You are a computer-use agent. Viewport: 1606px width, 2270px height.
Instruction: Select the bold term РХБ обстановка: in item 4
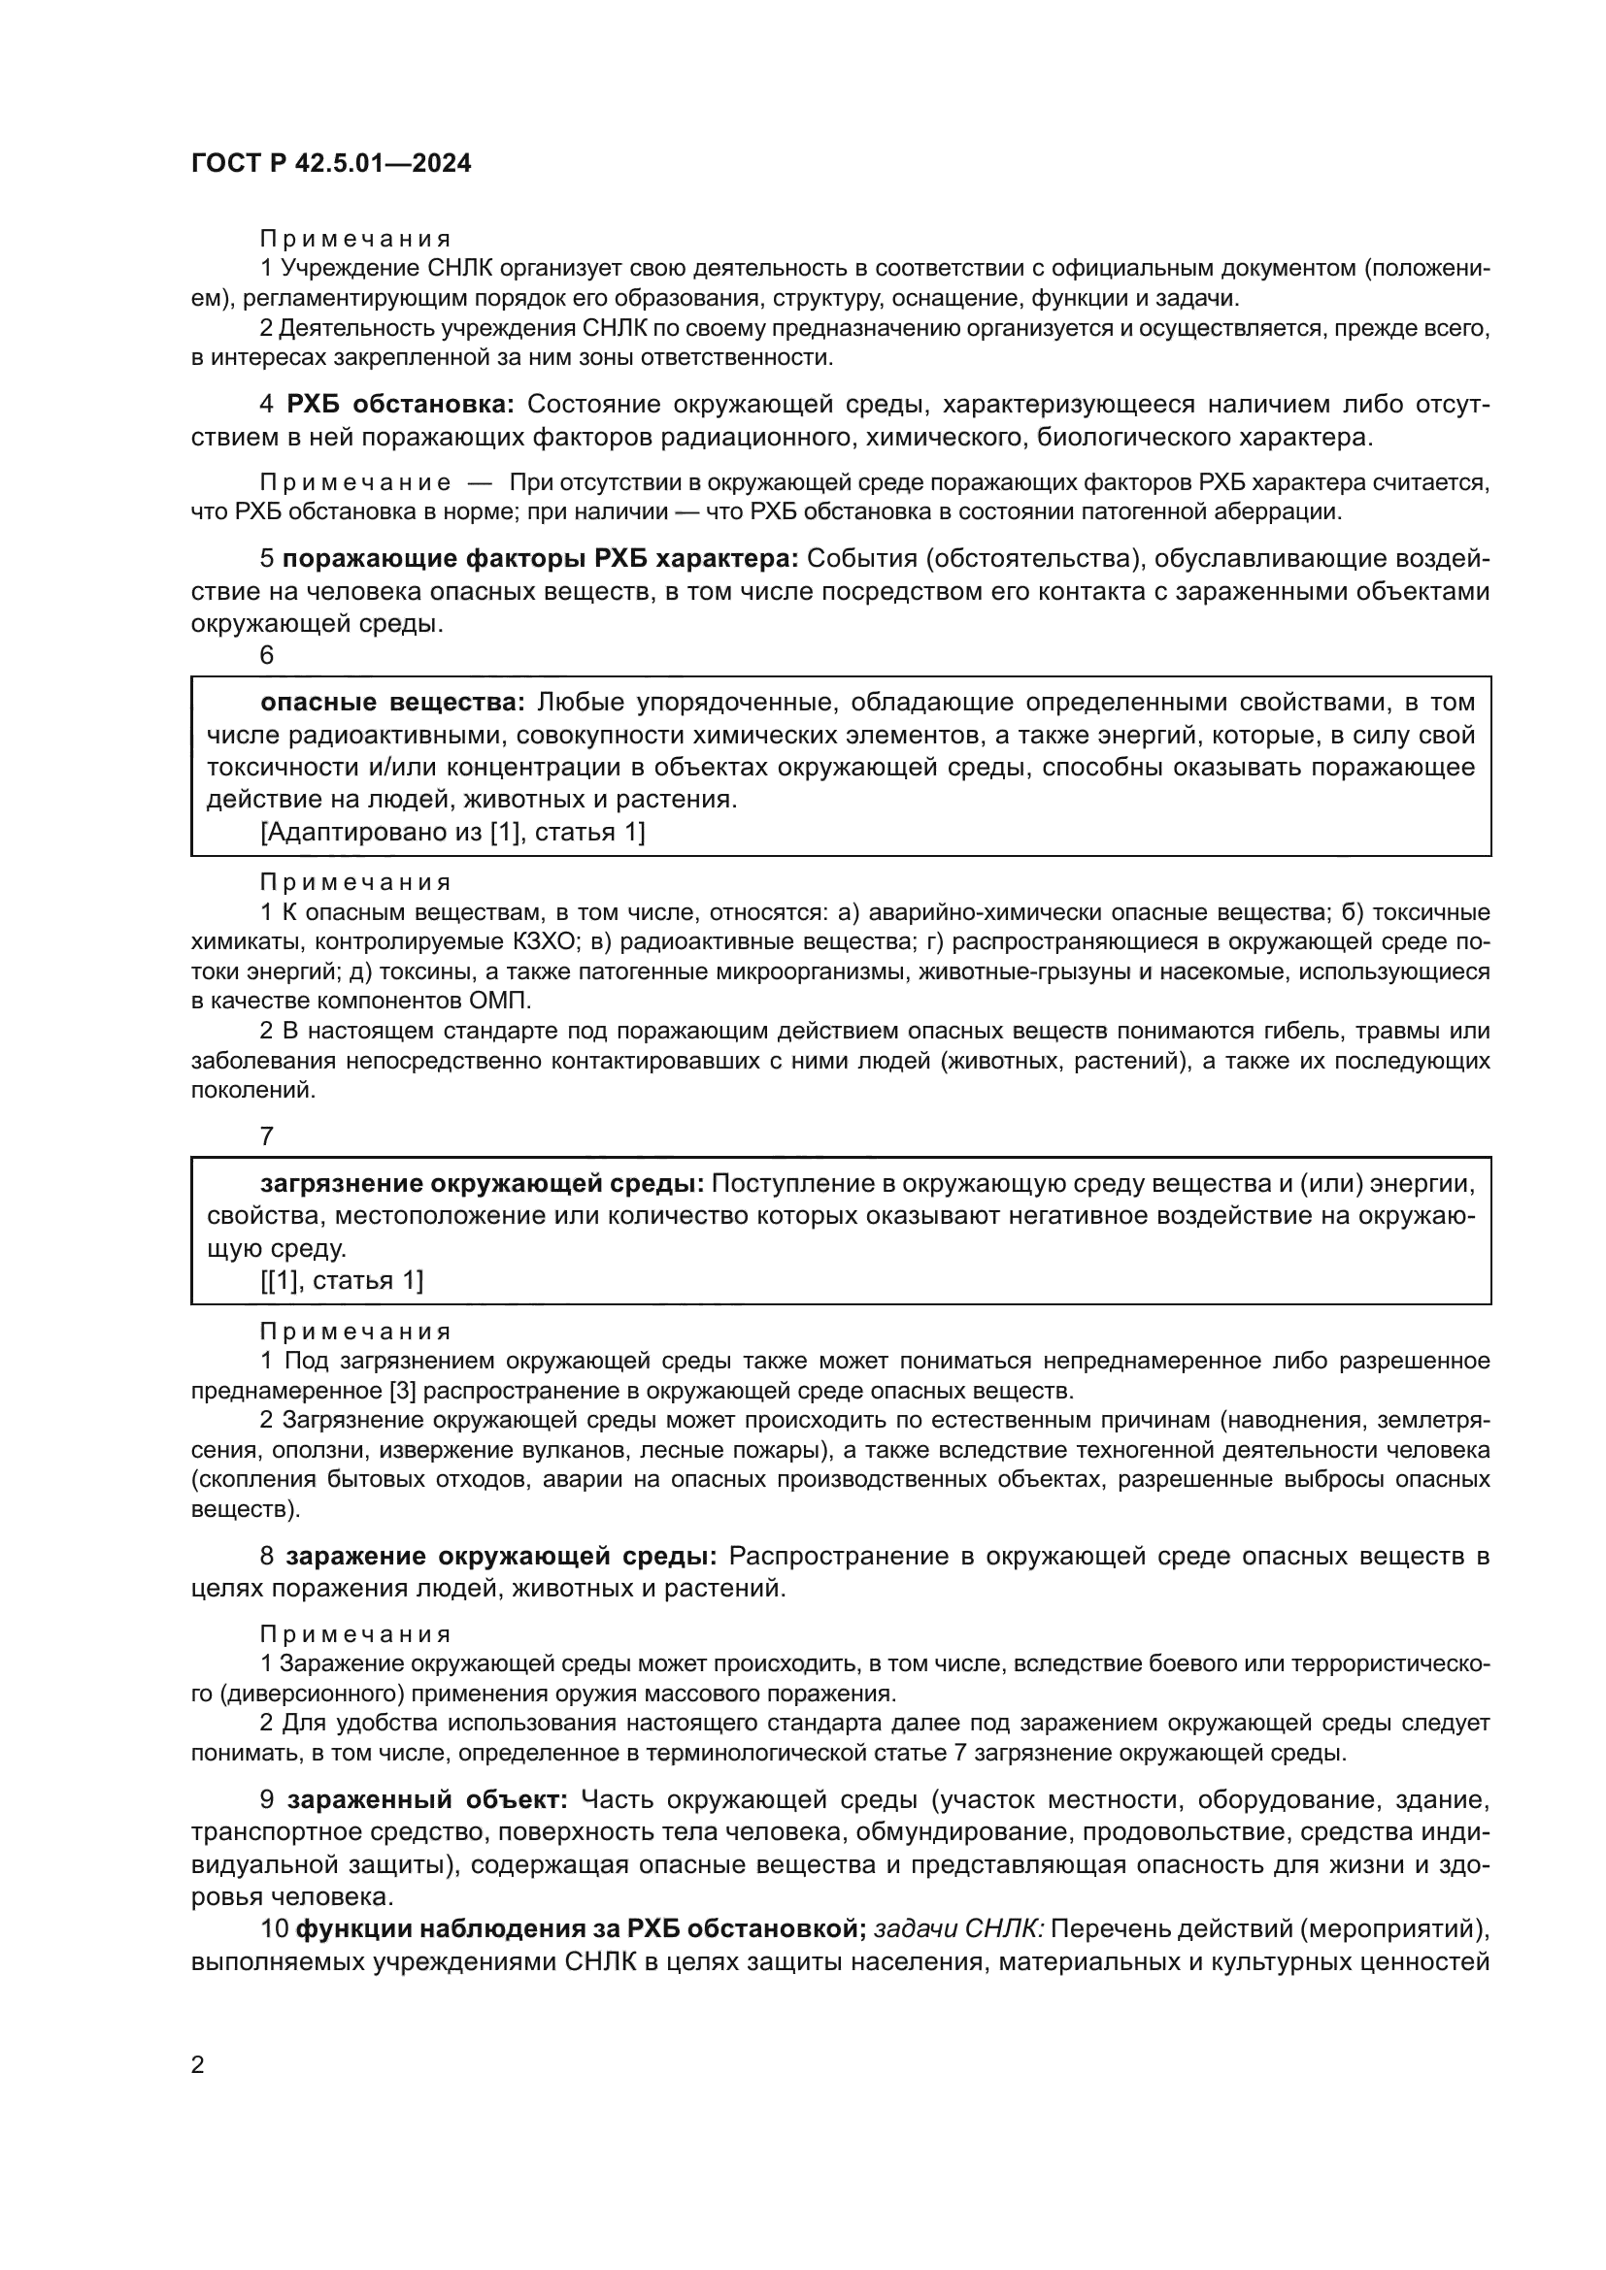pos(400,405)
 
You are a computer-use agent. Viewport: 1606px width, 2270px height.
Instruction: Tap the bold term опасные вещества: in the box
pos(392,702)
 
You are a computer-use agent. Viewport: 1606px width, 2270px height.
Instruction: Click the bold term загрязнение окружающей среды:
pos(482,1183)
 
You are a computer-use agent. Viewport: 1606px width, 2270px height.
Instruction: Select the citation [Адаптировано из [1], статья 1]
pos(452,832)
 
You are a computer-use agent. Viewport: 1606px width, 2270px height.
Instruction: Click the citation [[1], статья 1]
pos(342,1281)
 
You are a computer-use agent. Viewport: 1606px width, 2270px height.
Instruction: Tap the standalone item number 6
pos(267,655)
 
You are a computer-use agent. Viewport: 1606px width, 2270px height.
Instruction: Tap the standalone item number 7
pos(267,1137)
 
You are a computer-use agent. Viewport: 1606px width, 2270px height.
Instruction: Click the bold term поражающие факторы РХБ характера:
pos(540,559)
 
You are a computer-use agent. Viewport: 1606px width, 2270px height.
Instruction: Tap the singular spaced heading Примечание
pos(355,482)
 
